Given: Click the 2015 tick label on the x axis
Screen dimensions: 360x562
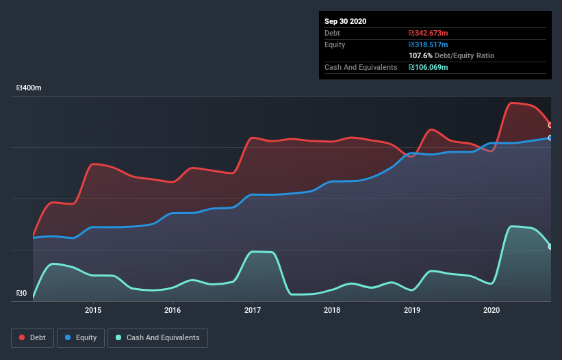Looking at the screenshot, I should (x=93, y=310).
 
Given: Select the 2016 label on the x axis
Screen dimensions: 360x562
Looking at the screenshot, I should (x=173, y=310).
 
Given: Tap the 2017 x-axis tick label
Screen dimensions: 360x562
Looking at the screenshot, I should (x=253, y=310).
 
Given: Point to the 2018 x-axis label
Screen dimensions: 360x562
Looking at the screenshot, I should (x=332, y=310).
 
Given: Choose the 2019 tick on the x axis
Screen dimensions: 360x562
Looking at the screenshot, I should (x=412, y=310).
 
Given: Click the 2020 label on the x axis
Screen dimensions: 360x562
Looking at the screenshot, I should (x=491, y=310).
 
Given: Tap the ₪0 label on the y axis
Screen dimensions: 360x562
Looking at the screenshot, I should (x=22, y=294).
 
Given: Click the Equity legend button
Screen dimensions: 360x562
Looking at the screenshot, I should (x=81, y=337).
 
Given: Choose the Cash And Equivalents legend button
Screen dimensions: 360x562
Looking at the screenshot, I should (x=157, y=337).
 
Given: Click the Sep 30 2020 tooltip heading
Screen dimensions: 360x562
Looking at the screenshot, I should (x=345, y=21).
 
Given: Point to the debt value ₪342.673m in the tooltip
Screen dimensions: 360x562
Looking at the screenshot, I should (x=429, y=33).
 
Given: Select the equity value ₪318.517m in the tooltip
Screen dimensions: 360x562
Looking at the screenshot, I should (x=429, y=44).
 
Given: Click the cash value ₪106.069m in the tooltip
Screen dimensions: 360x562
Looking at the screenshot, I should (x=429, y=67).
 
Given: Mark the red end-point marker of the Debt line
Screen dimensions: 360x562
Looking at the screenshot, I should (x=550, y=125).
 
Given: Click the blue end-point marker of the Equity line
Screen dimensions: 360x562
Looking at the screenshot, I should (x=550, y=138).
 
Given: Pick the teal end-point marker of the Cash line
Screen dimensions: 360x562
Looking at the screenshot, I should (x=550, y=246).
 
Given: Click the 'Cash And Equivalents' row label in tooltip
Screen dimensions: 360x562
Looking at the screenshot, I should (x=361, y=67).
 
